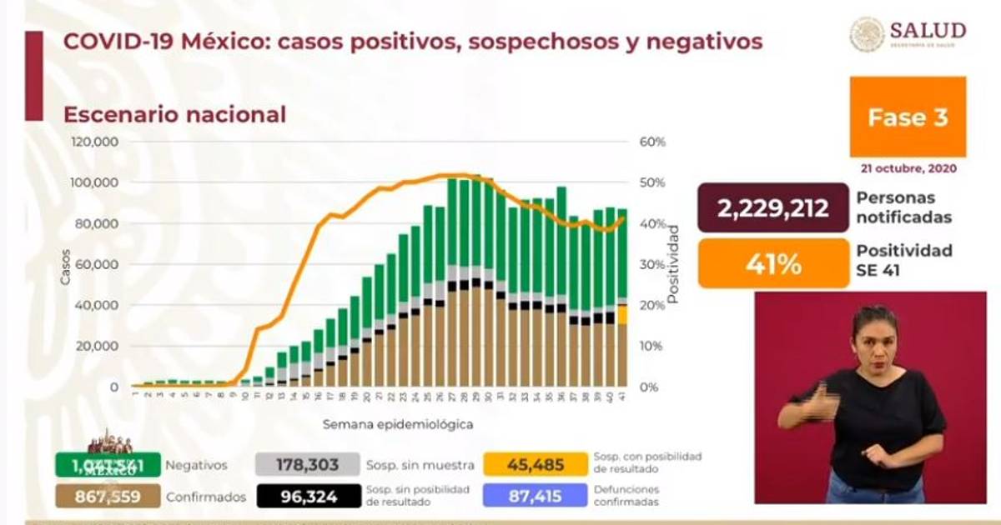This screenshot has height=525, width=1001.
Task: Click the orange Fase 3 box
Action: [x=908, y=117]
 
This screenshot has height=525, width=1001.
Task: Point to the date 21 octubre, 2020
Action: [x=908, y=168]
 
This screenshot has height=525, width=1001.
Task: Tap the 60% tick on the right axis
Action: [x=653, y=142]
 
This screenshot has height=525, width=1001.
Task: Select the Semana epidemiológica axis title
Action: [x=399, y=424]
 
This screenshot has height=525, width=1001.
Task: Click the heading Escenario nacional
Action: [x=174, y=114]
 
